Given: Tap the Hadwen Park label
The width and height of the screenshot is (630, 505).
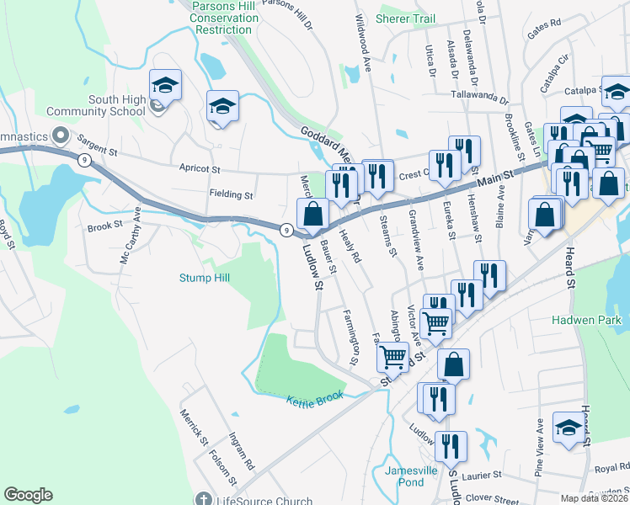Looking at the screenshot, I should (586, 320).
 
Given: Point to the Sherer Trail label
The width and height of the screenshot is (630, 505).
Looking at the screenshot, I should (406, 19).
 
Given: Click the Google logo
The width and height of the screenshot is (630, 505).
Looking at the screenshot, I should (28, 495).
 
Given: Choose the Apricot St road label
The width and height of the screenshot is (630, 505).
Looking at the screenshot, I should (199, 167).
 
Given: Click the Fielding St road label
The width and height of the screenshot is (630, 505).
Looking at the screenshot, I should (231, 194).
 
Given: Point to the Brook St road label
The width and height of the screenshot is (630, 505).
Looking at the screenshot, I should (104, 227).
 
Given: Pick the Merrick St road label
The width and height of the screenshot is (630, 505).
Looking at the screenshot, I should (193, 427).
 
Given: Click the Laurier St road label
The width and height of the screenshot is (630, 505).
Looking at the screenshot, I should (480, 475).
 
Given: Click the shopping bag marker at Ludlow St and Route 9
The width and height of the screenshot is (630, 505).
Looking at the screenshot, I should (313, 215).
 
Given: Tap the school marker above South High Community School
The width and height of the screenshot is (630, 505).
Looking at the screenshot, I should (165, 85).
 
